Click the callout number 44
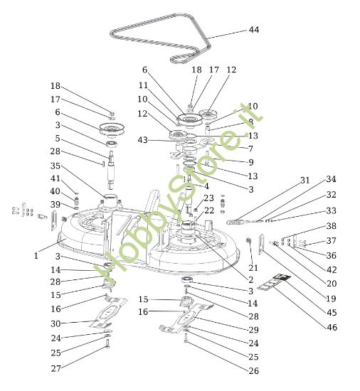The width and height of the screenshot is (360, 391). (x=254, y=30)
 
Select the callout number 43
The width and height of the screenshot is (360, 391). (x=143, y=140)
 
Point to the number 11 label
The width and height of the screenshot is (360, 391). (x=143, y=85)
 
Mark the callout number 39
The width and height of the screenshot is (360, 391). (x=55, y=204)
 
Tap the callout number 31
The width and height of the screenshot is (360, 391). (x=305, y=181)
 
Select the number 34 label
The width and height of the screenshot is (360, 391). (x=332, y=178)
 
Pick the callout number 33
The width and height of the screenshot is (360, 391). (x=332, y=210)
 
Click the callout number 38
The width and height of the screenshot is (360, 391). (x=332, y=225)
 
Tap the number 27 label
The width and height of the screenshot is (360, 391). (x=55, y=368)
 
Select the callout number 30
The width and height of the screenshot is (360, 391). (x=55, y=323)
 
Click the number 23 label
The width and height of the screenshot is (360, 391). (x=208, y=198)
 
